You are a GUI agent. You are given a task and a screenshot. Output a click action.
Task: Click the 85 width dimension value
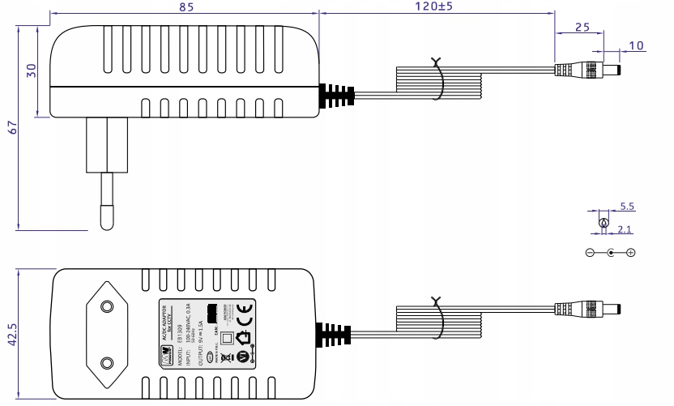coord(185,8)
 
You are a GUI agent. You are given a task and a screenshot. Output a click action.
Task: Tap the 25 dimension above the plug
coord(581,27)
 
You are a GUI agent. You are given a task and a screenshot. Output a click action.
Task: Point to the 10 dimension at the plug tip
coord(637,45)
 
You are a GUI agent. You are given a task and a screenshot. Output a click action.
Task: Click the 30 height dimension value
coord(32,70)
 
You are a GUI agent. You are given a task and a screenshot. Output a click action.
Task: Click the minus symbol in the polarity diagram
coord(591,253)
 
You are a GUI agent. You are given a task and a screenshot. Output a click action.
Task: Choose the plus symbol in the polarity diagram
coord(631,253)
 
